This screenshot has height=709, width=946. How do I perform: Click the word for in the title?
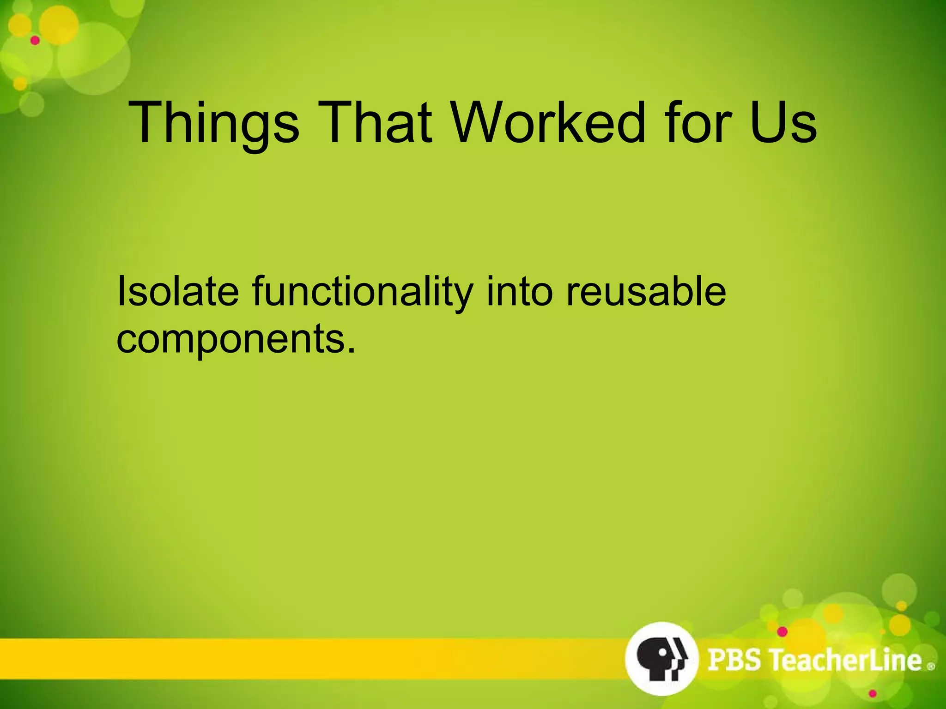tap(698, 123)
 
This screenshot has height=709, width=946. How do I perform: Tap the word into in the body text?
tap(519, 291)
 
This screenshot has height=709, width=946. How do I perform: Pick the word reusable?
tap(646, 291)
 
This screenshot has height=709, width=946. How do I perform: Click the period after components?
tap(352, 351)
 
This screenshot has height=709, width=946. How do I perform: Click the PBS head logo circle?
tap(661, 658)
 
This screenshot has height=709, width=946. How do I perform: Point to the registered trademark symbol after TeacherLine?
tap(930, 667)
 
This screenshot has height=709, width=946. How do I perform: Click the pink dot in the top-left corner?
tap(35, 41)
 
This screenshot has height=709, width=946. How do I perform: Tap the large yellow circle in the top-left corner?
tap(58, 25)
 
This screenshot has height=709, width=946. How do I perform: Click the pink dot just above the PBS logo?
tap(782, 631)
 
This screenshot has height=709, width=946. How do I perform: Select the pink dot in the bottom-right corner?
tap(872, 694)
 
